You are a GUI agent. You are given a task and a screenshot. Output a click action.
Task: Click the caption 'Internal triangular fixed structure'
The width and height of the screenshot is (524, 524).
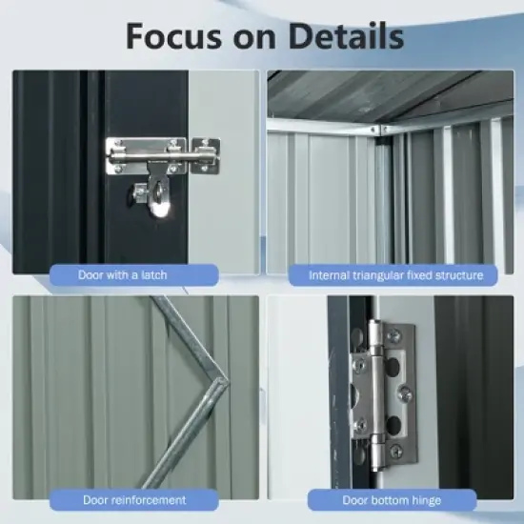click(x=395, y=275)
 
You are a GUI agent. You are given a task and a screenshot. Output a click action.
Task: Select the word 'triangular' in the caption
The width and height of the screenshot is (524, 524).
click(x=388, y=275)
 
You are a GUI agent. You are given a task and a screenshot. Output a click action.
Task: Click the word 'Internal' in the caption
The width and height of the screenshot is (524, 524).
click(x=330, y=275)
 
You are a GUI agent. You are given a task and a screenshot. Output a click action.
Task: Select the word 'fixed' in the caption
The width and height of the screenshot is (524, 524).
click(x=430, y=275)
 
